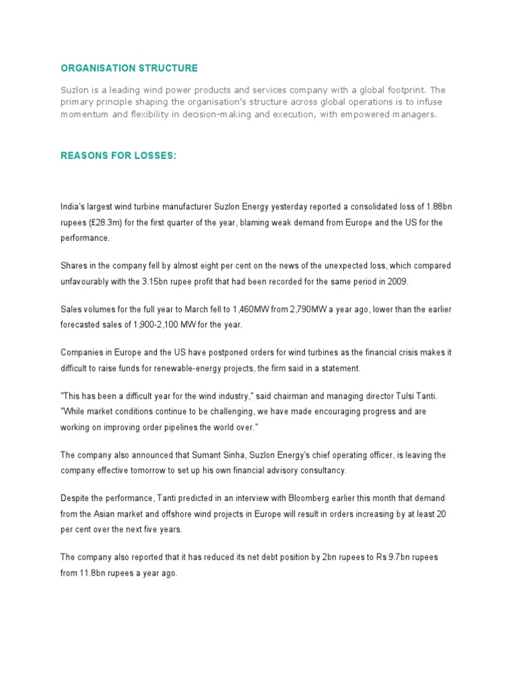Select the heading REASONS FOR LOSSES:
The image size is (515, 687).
point(119,156)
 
